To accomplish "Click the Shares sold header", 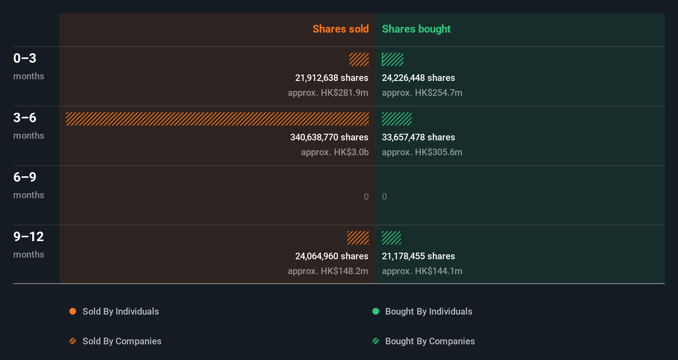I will (x=340, y=29).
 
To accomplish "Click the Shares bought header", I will (x=416, y=29).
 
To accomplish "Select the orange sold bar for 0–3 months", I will (x=359, y=59).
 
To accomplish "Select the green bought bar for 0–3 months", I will (x=392, y=59).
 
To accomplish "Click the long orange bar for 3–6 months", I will (x=217, y=119).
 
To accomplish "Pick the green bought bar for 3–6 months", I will (x=396, y=119).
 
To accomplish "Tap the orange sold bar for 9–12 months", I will (x=358, y=238).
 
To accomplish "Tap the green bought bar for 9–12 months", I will (x=391, y=238).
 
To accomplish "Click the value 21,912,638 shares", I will (x=332, y=78).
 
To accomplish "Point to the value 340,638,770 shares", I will (x=329, y=137).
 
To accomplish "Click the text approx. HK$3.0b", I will (x=334, y=152).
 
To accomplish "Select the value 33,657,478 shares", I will (x=418, y=137).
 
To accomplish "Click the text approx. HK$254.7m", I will (x=422, y=92).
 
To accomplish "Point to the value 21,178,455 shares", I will (x=418, y=256).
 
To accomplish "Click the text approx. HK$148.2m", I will (x=328, y=271).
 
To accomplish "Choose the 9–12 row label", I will (x=28, y=237).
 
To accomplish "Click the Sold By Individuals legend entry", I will (x=114, y=311).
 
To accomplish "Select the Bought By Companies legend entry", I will (x=424, y=341).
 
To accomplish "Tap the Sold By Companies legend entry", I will (x=116, y=341).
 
